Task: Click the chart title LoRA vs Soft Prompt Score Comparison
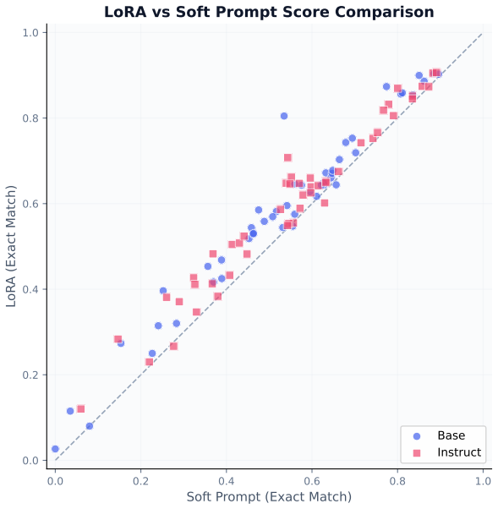coord(269,13)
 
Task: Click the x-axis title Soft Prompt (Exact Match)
coord(269,496)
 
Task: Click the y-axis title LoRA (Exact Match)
coord(11,246)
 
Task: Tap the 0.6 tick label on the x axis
coord(312,481)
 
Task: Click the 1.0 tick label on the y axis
coord(30,33)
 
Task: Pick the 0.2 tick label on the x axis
coord(141,481)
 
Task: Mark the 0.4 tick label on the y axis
coord(30,289)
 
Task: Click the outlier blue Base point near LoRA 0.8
coord(284,116)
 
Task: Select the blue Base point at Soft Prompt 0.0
coord(55,449)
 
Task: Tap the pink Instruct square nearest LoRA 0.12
coord(81,408)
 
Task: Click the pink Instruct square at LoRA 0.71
coord(287,158)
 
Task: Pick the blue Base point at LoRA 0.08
coord(90,426)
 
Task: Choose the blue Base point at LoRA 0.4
coord(163,291)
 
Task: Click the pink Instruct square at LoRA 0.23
coord(150,362)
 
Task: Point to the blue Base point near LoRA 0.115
coord(70,411)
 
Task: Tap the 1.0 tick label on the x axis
coord(483,481)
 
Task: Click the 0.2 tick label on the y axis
coord(30,375)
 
